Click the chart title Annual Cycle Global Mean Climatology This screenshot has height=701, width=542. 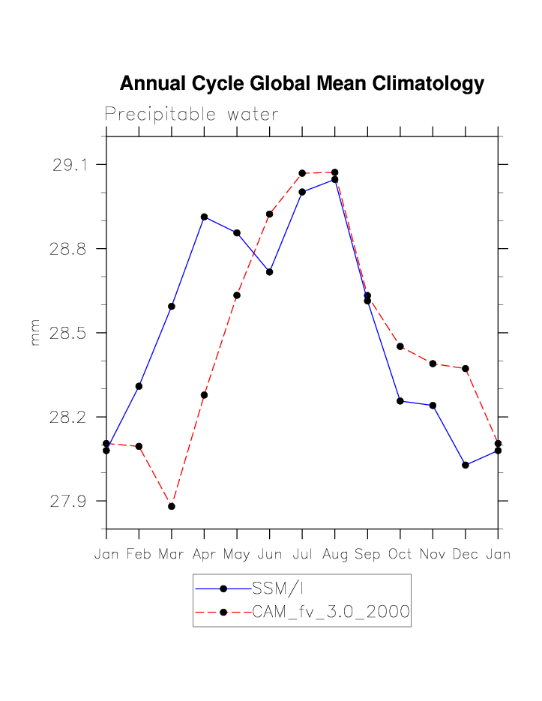(x=301, y=83)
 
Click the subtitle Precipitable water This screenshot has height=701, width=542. (x=191, y=114)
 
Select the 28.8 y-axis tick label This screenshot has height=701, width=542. (x=68, y=248)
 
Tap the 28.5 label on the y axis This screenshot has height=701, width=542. (x=68, y=333)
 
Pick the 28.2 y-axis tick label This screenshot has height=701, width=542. (x=68, y=417)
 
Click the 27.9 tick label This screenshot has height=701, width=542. (x=68, y=501)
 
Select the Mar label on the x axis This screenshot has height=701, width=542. (x=172, y=555)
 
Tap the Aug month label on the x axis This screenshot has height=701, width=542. (x=334, y=555)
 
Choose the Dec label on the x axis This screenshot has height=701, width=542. (x=466, y=555)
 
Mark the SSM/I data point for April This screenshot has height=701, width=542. (x=204, y=217)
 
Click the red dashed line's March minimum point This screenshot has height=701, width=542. (x=172, y=506)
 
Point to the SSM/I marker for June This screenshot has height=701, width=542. (x=269, y=271)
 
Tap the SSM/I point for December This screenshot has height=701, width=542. (x=466, y=465)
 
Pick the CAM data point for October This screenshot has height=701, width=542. (x=400, y=346)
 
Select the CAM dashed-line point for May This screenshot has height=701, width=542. (x=237, y=295)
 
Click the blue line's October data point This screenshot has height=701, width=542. (x=400, y=401)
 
